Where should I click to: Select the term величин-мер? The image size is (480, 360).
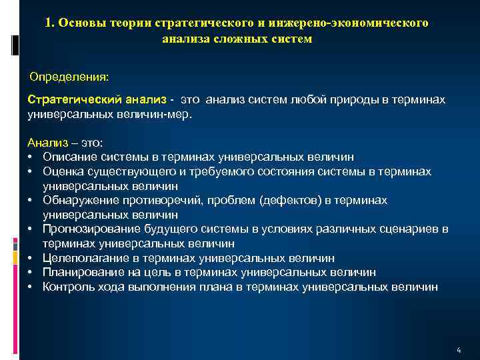click(x=157, y=114)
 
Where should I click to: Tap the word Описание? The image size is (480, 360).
click(x=68, y=157)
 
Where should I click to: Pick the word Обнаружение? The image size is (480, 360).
click(x=77, y=200)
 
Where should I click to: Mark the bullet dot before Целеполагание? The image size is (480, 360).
click(x=31, y=258)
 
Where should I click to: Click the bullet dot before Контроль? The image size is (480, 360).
click(x=31, y=287)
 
